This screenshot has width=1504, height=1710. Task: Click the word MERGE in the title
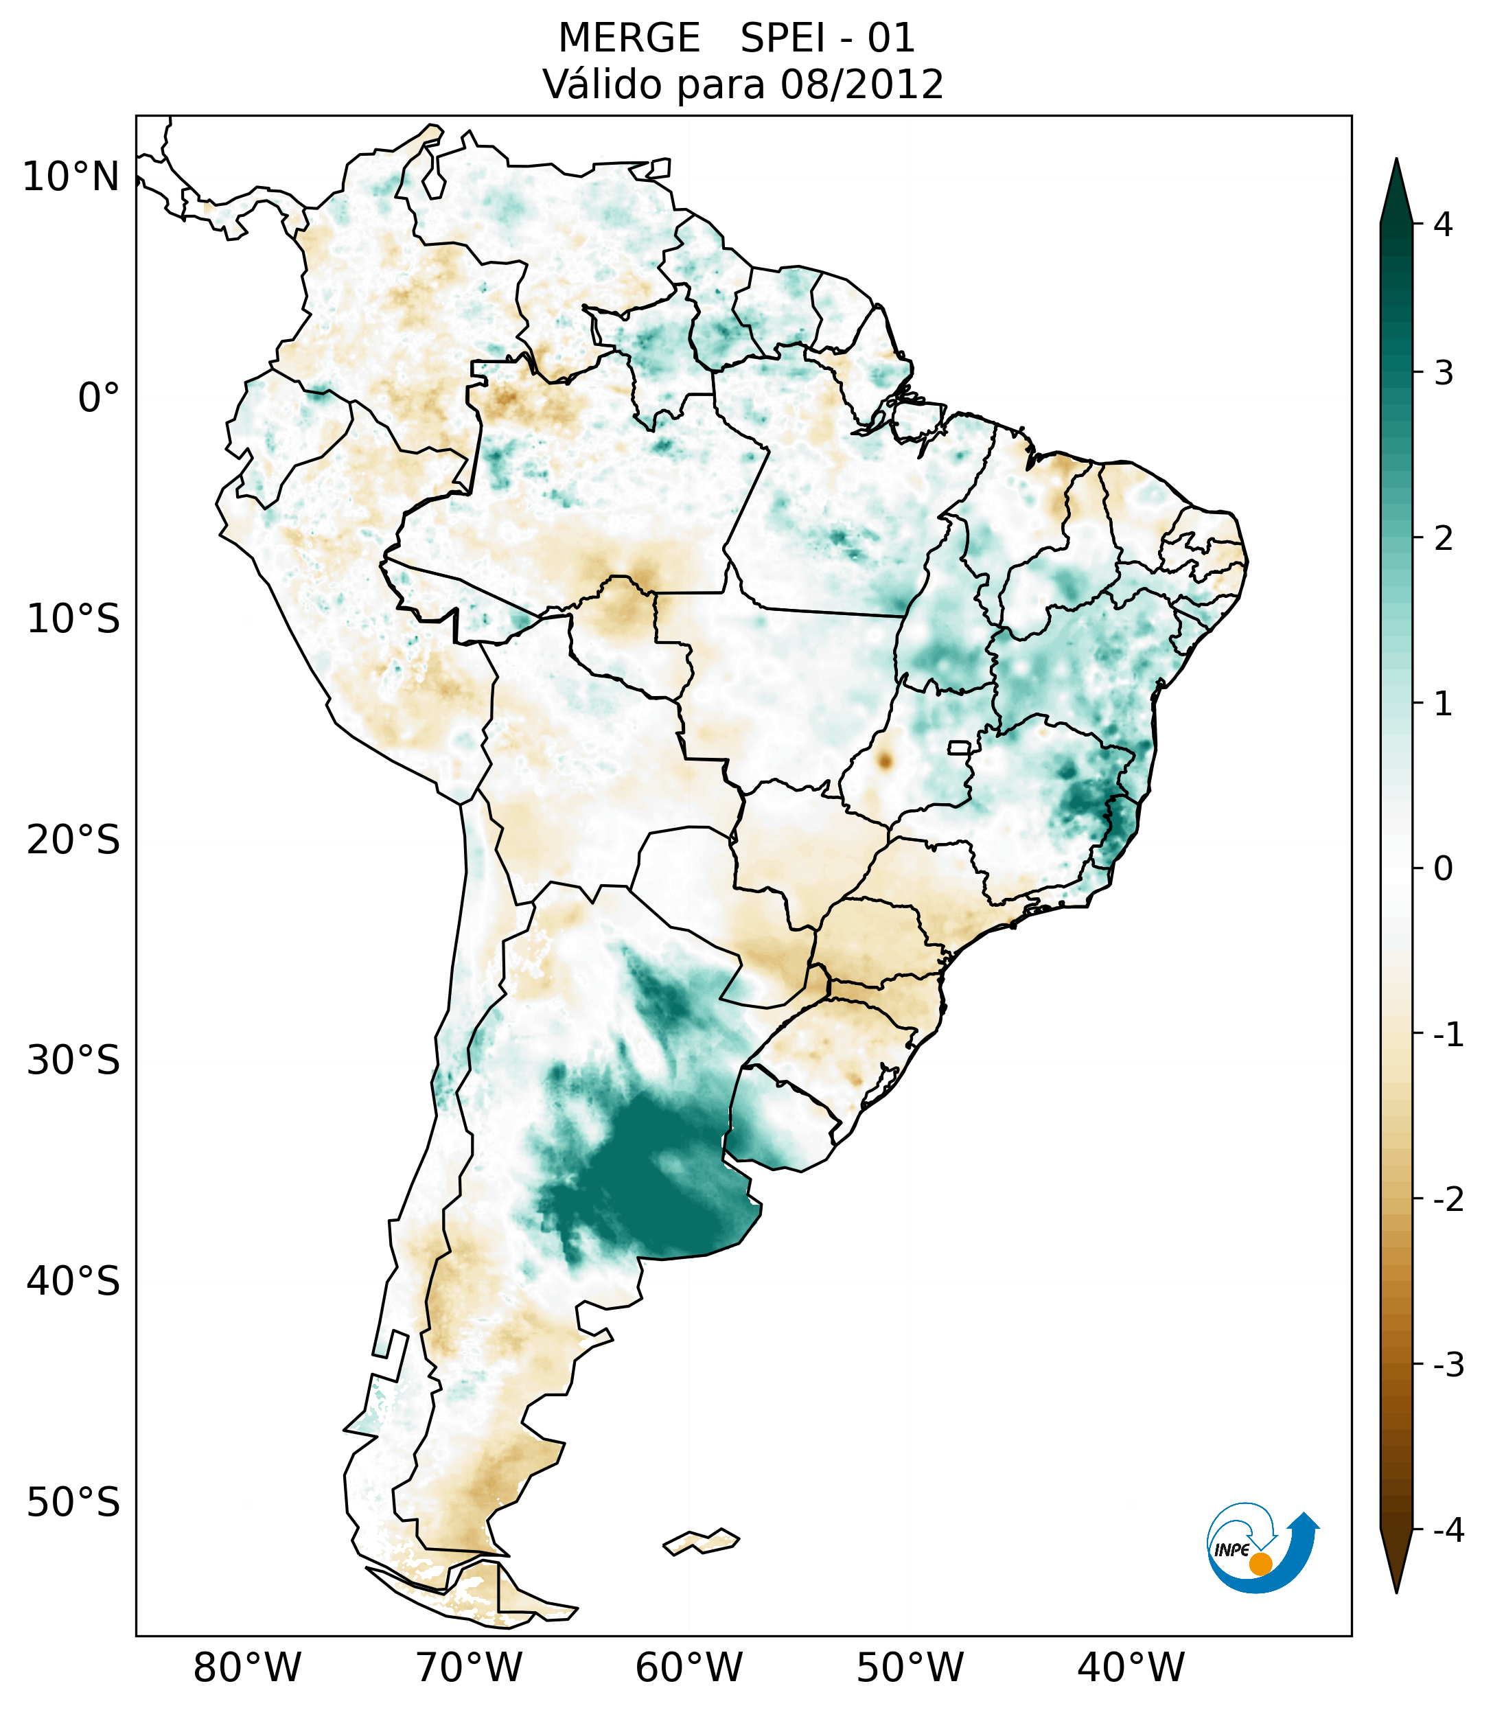click(629, 38)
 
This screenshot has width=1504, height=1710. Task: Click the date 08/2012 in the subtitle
click(861, 84)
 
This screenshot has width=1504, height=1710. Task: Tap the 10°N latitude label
click(71, 177)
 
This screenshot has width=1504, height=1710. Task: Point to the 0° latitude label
click(99, 398)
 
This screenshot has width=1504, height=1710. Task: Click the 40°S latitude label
click(73, 1282)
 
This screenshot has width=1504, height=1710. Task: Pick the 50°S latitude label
click(73, 1503)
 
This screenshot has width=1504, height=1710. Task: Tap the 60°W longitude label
click(689, 1667)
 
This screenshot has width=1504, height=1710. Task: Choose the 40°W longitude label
click(1131, 1667)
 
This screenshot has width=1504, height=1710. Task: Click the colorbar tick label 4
click(1443, 224)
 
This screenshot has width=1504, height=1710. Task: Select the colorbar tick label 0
click(1443, 869)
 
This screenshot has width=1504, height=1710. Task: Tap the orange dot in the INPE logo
click(1260, 1564)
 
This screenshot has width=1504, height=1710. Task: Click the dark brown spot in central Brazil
click(884, 761)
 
